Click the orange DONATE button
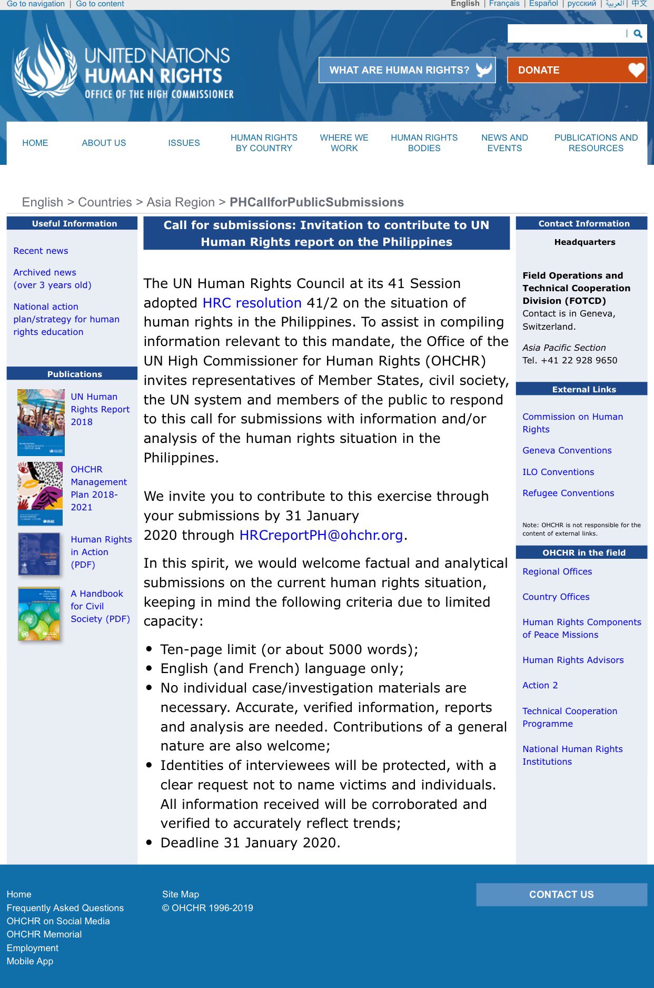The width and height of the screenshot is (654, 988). point(577,70)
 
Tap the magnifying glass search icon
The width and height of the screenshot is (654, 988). point(638,34)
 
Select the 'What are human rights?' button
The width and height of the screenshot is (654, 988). point(407,70)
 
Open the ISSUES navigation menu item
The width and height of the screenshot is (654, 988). point(184,143)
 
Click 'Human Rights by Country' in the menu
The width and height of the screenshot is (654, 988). point(264,143)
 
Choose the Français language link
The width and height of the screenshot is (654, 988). point(504,4)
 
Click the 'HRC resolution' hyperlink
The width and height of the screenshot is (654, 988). point(252,303)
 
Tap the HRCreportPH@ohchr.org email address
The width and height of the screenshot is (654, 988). point(321,535)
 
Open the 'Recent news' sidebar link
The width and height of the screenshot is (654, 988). point(41,251)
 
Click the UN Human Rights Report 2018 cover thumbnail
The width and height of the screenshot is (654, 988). point(41,422)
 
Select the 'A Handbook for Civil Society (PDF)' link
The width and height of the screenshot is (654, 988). point(100,606)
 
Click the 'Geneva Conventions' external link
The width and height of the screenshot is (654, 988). point(567,450)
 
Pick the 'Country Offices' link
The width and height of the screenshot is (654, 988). point(556,597)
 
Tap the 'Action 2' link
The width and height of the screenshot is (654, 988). point(540,685)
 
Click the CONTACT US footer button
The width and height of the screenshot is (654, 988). point(561,894)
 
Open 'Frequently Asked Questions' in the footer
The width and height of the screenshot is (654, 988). point(65,908)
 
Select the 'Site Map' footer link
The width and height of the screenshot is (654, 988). point(180,894)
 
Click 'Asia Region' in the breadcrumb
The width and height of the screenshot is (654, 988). point(181,202)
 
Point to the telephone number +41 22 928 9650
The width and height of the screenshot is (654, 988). point(579,360)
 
